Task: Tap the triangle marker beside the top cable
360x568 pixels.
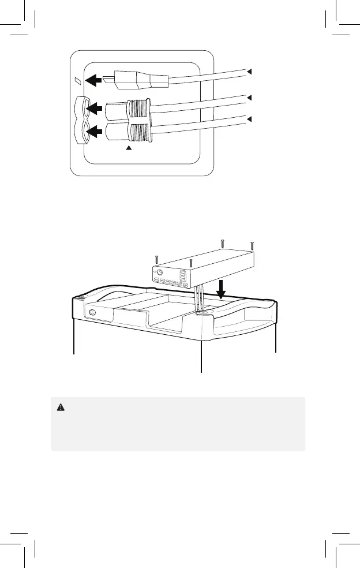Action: coord(250,72)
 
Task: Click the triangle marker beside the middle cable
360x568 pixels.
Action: coord(250,98)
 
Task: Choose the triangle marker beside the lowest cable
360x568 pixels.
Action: coord(250,119)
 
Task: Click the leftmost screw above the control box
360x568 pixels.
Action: coord(156,259)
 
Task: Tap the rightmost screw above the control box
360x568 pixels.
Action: coord(252,245)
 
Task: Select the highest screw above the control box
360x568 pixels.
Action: coord(222,243)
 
